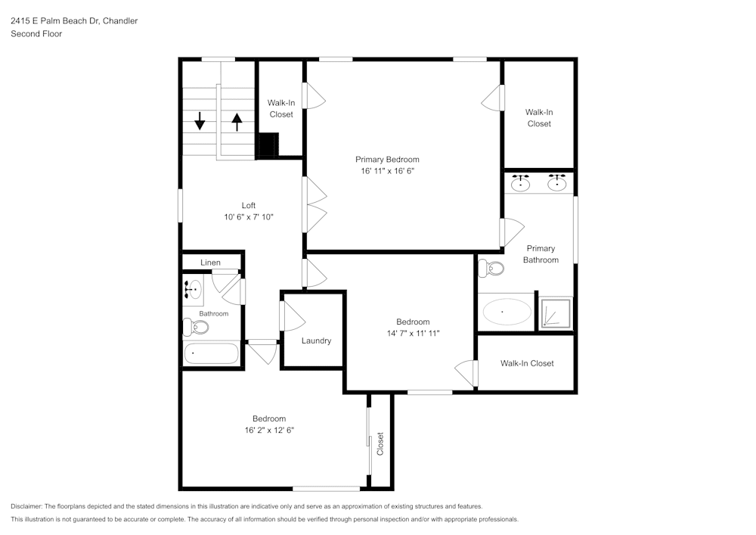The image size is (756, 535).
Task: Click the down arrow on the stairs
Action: (200, 120)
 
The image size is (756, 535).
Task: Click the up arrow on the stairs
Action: (237, 121)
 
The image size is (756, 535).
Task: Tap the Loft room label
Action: (248, 205)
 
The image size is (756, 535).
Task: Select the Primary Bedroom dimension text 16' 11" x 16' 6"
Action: (387, 171)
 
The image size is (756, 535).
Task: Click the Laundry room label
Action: (316, 341)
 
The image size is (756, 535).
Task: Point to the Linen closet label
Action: (210, 263)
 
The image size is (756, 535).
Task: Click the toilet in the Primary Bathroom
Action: (492, 268)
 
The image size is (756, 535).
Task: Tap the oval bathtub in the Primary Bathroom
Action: (506, 312)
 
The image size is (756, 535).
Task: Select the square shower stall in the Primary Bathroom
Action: (554, 313)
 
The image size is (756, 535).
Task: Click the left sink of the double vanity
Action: (520, 183)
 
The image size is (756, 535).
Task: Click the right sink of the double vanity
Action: (557, 183)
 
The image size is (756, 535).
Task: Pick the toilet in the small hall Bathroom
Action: (196, 327)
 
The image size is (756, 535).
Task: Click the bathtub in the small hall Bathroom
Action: (211, 353)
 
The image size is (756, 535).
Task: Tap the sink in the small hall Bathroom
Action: (192, 288)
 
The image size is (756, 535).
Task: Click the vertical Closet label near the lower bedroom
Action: (380, 443)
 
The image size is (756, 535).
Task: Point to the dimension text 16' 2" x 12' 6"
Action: (269, 430)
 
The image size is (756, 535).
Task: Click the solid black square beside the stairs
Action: (268, 144)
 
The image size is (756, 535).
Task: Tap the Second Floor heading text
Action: (36, 34)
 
